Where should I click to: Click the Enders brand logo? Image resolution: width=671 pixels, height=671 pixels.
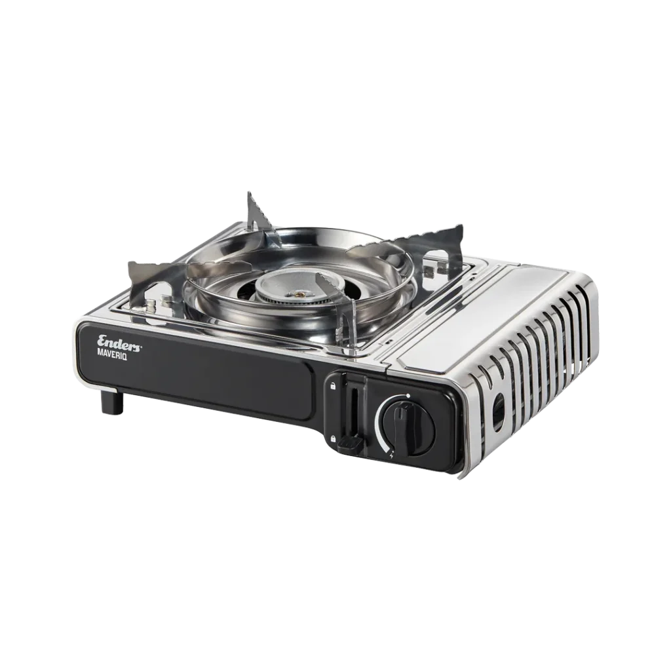[119, 341]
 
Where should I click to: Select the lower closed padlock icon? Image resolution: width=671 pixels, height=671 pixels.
[332, 438]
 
